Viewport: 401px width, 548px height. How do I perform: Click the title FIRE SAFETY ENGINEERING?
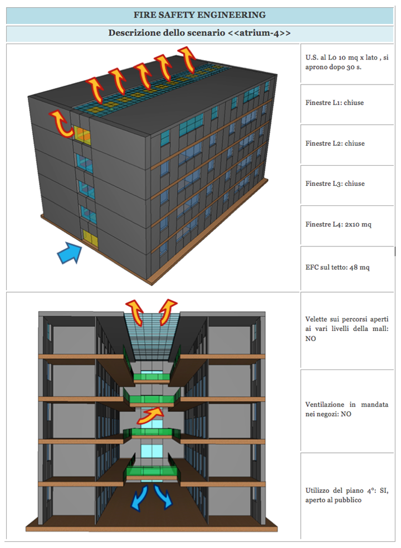pos(199,14)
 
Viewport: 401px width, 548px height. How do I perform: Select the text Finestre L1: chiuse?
pos(335,103)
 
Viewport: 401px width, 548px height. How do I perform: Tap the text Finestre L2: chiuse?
pos(335,144)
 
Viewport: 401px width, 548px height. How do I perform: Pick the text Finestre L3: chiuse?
pos(335,184)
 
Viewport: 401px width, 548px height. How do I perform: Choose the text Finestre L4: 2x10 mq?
pos(338,224)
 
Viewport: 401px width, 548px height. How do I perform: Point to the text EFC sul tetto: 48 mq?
pos(338,267)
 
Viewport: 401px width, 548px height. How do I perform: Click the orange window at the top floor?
pos(82,135)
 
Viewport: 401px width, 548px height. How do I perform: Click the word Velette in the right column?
pos(316,319)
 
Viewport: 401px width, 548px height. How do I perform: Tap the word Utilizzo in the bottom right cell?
pos(317,490)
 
